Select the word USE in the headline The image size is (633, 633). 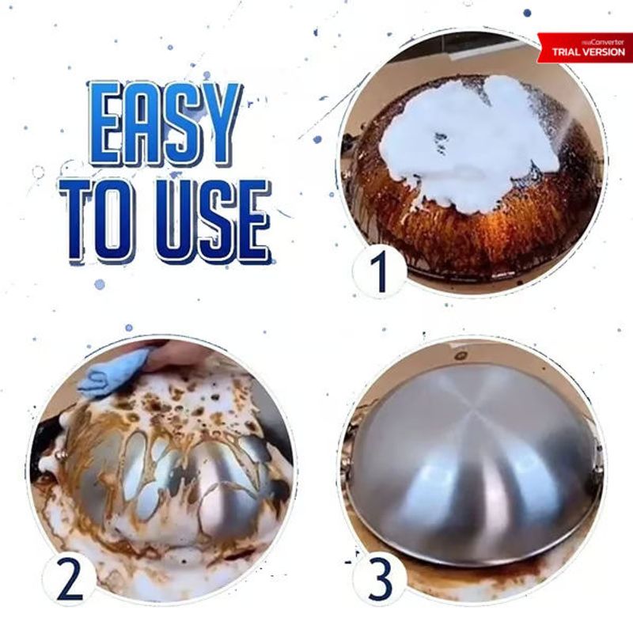point(213,220)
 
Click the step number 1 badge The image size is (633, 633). point(379,271)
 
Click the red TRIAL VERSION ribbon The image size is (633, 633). point(586,48)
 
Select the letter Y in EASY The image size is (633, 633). point(219,123)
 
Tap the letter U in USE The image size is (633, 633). point(174,220)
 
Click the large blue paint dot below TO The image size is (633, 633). point(100,284)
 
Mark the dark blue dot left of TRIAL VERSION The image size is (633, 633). point(527,13)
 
